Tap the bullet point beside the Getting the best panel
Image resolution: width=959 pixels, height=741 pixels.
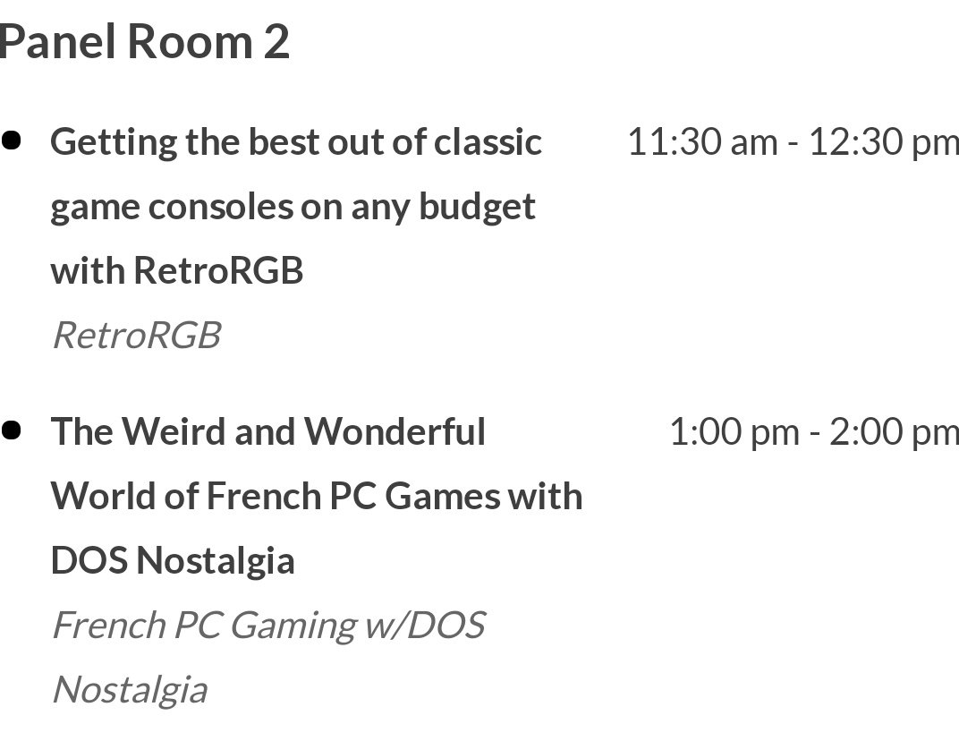click(x=12, y=141)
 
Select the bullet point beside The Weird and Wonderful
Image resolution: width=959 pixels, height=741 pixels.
click(x=12, y=430)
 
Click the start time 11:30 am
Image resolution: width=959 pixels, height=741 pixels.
click(x=703, y=141)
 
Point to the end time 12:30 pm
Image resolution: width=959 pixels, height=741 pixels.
click(x=884, y=141)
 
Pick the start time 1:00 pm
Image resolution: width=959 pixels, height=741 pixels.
click(x=734, y=431)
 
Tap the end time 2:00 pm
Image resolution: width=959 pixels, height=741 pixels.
click(x=895, y=431)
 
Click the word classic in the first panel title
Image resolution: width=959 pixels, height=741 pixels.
click(x=488, y=141)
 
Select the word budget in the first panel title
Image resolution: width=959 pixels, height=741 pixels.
click(x=477, y=208)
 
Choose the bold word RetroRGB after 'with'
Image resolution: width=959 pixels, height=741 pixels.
click(x=218, y=270)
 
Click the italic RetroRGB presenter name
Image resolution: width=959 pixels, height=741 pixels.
click(x=137, y=335)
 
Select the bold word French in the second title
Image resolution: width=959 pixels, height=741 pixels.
click(x=264, y=496)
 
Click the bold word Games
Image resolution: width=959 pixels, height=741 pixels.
click(x=443, y=496)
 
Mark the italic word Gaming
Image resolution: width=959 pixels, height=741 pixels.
click(x=293, y=626)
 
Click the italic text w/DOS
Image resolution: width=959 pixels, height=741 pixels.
click(x=425, y=625)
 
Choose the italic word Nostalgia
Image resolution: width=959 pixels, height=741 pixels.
click(x=131, y=691)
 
